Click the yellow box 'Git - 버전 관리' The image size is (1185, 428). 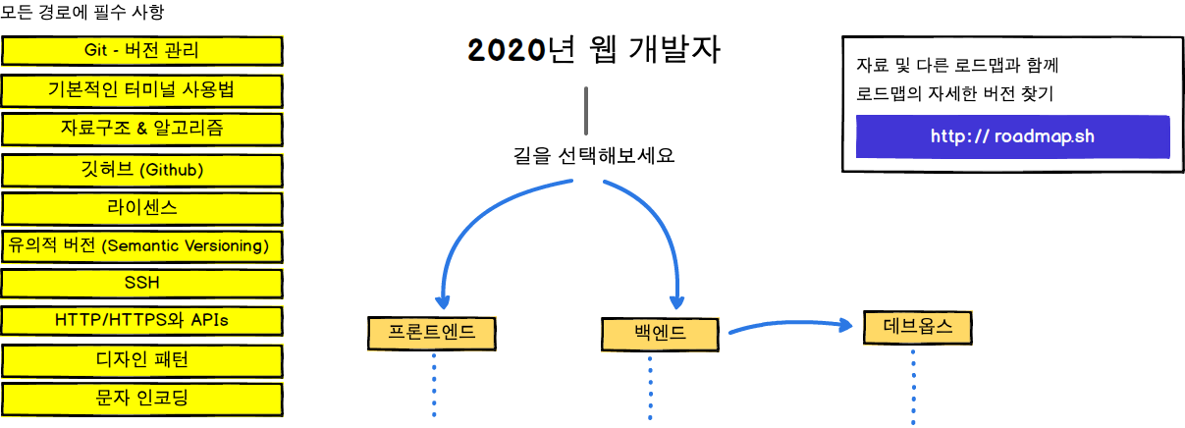click(x=142, y=51)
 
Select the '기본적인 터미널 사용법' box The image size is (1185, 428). click(x=142, y=90)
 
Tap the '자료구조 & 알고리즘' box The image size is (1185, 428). click(x=142, y=129)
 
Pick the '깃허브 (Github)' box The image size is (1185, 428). click(x=142, y=170)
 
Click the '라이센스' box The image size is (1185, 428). click(x=142, y=208)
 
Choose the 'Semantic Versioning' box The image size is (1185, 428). click(x=142, y=245)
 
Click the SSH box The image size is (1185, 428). click(x=142, y=283)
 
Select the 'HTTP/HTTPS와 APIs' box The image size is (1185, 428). click(x=142, y=320)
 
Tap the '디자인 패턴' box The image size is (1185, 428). click(x=142, y=359)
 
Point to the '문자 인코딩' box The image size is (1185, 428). click(x=142, y=398)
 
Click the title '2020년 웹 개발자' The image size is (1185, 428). click(x=595, y=51)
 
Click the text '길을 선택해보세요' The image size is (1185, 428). click(x=595, y=155)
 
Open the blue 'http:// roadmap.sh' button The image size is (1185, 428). click(x=1012, y=136)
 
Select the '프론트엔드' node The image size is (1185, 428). click(x=432, y=333)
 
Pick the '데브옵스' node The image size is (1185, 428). click(x=918, y=327)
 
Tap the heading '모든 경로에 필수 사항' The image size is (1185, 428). click(x=82, y=14)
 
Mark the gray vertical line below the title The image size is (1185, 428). click(x=586, y=111)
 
